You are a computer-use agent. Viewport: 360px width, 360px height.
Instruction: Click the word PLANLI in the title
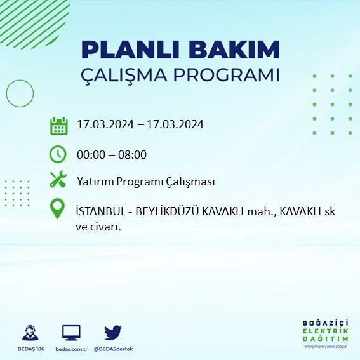pos(130,50)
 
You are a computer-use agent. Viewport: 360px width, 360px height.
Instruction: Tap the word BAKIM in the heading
pos(234,50)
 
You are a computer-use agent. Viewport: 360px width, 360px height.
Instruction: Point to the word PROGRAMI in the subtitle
pos(227,75)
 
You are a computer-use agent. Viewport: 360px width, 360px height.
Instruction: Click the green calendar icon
pos(59,126)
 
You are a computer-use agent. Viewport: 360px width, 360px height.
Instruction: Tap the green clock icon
pos(58,154)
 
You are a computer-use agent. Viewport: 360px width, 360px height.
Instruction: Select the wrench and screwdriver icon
pos(58,179)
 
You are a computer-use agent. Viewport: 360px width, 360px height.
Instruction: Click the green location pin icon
pos(57,208)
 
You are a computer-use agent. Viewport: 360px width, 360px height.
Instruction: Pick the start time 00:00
pos(91,155)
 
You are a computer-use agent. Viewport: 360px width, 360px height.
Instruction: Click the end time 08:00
pos(132,155)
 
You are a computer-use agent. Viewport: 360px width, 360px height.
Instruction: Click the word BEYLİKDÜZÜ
pos(167,211)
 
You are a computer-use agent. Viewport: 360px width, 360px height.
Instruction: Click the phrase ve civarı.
pos(98,227)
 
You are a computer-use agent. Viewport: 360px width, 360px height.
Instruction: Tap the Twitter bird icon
pos(113,333)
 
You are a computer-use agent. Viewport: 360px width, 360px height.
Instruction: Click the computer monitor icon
pos(71,333)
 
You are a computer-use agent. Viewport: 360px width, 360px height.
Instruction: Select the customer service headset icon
pos(30,333)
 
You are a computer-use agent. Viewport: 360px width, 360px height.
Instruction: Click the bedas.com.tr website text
pos(71,349)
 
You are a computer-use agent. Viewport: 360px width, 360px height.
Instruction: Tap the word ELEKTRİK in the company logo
pos(325,331)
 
